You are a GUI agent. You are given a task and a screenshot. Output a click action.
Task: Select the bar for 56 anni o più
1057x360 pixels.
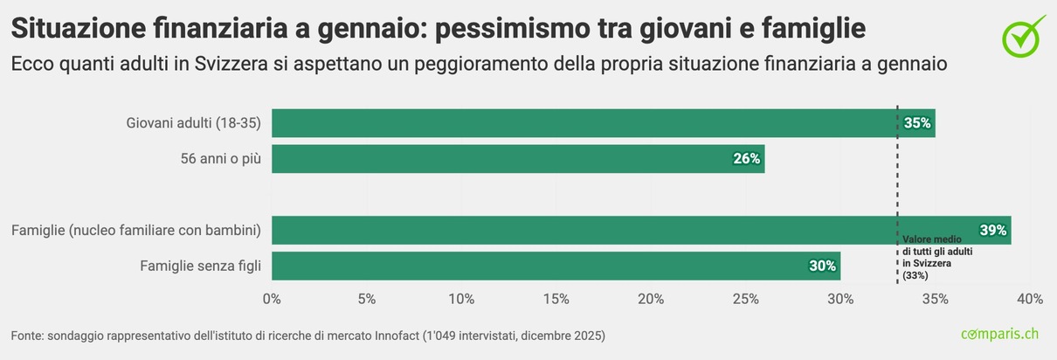point(518,159)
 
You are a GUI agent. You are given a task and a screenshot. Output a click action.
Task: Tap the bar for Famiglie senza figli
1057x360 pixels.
point(556,267)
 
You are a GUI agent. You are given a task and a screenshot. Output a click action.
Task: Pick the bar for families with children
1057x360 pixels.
point(641,231)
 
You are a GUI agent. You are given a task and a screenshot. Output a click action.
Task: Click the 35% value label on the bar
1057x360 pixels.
point(917,123)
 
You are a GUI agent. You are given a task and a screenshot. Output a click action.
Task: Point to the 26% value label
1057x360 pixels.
point(747,159)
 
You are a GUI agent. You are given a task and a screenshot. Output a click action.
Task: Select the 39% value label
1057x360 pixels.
point(993,231)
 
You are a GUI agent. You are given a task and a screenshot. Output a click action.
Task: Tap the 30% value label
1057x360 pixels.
point(823,267)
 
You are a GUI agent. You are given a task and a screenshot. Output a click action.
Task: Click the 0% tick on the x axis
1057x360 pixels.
point(272,300)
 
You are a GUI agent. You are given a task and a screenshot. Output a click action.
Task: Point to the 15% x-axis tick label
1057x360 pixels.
point(556,300)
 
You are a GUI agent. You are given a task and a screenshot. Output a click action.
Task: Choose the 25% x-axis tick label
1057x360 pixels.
point(745,300)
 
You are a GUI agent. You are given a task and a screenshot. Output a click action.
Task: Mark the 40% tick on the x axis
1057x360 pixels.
point(1030,300)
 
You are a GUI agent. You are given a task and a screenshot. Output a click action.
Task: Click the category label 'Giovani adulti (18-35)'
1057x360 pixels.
point(194,123)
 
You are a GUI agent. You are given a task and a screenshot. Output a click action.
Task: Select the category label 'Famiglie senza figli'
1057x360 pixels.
point(200,267)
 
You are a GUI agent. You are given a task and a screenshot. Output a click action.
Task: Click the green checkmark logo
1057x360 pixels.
point(1023,35)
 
